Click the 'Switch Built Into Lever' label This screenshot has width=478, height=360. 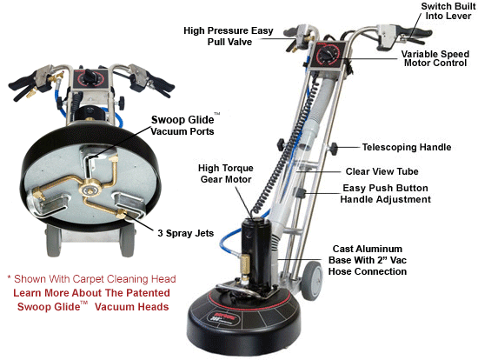coord(448,11)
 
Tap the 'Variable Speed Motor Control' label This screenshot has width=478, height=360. coord(435,58)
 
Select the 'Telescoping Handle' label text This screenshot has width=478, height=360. coord(407,147)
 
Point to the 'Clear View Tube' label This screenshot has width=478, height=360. coord(382,171)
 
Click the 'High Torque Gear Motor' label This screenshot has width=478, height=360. coord(226,174)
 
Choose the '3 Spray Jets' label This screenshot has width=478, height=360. coord(185,233)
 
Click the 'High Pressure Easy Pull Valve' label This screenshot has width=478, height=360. coord(229,36)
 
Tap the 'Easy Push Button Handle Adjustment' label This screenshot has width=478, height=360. coord(385,193)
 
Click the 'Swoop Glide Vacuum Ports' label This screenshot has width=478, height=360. coord(183,125)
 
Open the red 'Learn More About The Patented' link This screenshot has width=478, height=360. coord(91,293)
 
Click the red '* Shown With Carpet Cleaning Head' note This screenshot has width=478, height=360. coord(91,279)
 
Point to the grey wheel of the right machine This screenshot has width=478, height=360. coord(312,281)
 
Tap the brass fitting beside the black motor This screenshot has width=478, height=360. coord(244,265)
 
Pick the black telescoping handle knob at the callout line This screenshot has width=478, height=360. coord(334,149)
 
